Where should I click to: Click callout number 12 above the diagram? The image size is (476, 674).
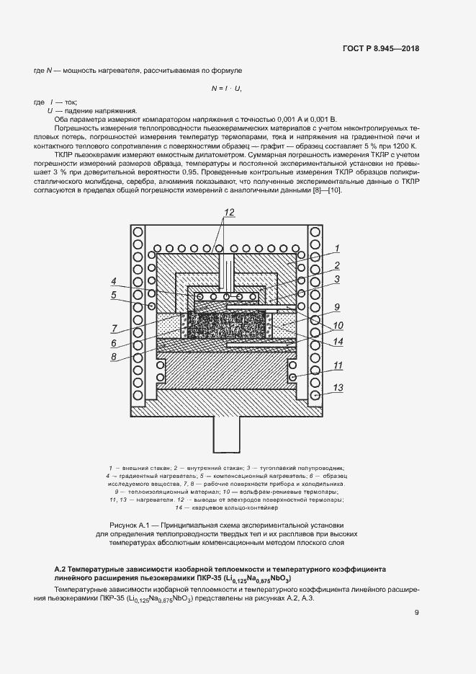tap(229, 212)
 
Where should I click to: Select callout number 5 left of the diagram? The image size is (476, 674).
tap(114, 294)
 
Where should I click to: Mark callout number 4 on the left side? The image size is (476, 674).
tap(114, 281)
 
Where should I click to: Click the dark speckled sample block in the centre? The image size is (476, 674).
tap(226, 322)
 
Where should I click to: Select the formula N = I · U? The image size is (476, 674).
tap(225, 88)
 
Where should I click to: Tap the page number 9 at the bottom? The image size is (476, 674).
tap(416, 613)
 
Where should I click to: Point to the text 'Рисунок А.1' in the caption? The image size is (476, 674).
tap(129, 525)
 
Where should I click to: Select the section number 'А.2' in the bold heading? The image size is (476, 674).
tap(63, 569)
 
